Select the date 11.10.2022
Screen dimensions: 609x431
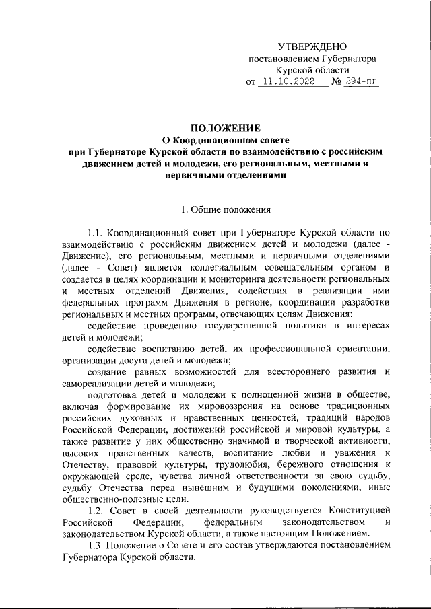pyautogui.click(x=289, y=83)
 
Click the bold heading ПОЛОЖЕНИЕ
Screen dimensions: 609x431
pyautogui.click(x=225, y=128)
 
